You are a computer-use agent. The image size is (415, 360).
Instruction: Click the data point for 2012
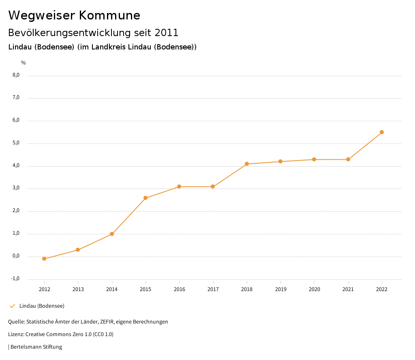(x=44, y=259)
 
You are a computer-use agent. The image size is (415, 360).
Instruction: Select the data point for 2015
(x=145, y=198)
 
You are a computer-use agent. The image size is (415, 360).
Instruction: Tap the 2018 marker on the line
(x=247, y=164)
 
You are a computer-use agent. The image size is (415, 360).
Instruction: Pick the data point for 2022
(x=382, y=132)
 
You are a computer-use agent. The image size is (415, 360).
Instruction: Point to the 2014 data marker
(x=112, y=234)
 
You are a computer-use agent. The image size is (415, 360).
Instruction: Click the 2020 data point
(x=314, y=159)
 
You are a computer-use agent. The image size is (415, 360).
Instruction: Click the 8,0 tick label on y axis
(x=16, y=75)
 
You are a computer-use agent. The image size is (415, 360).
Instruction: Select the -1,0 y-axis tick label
(x=15, y=279)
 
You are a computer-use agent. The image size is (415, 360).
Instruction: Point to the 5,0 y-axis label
(x=16, y=143)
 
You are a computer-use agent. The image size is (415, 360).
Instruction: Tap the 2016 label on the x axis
(x=179, y=289)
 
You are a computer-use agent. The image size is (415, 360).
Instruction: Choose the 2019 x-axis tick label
(x=280, y=289)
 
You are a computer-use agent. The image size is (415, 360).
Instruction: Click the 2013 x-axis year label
(x=78, y=289)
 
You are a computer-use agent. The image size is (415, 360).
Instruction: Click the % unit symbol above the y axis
(x=24, y=63)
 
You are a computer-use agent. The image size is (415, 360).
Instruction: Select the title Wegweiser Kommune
(x=74, y=15)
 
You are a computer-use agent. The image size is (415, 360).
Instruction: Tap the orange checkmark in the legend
(x=12, y=306)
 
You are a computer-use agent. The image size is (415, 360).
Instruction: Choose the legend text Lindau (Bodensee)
(x=42, y=306)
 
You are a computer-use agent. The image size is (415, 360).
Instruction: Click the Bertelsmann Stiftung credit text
(x=36, y=347)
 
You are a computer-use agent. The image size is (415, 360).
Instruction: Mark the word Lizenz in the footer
(x=15, y=334)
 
